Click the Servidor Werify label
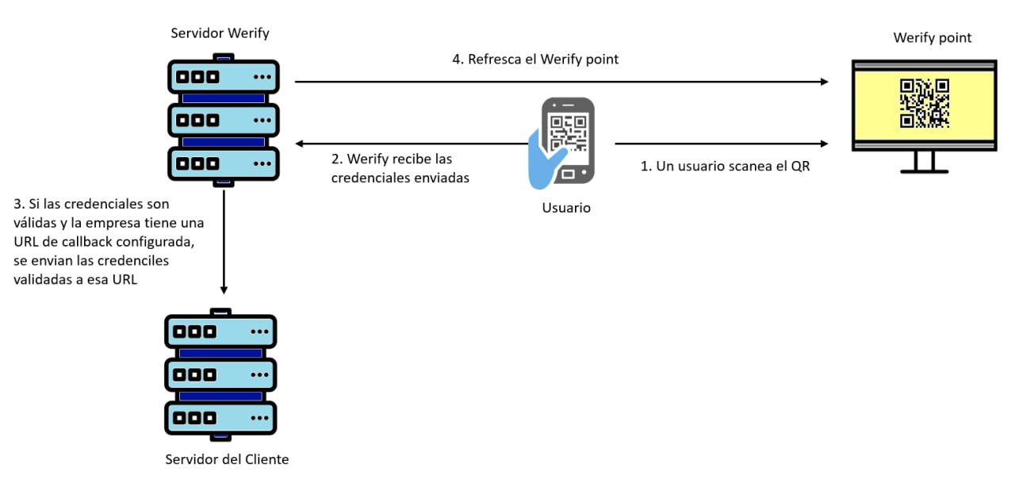point(220,33)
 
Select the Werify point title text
point(932,37)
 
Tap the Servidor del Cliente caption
point(227,459)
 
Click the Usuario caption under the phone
point(566,208)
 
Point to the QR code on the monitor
point(925,102)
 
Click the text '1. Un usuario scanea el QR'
point(725,167)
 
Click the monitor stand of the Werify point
point(924,163)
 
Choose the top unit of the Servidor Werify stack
point(224,77)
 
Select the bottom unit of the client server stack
point(220,416)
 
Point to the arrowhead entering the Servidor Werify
point(300,144)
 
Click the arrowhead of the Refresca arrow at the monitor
point(825,82)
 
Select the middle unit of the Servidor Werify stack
point(224,121)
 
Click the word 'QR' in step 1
point(800,167)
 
